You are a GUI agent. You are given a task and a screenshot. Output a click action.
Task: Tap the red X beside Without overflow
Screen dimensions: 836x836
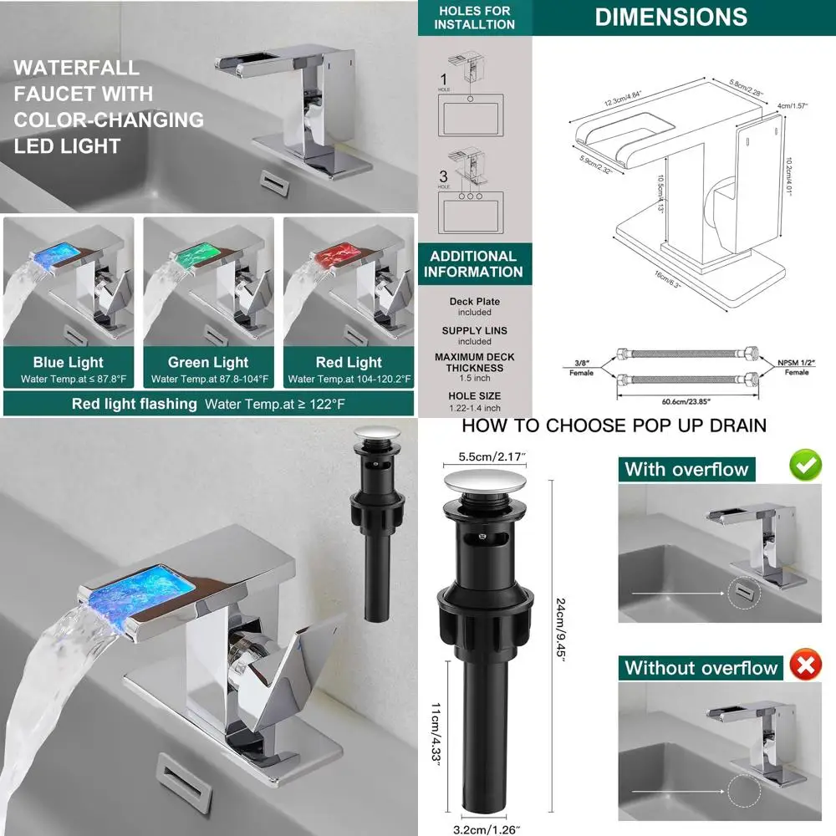806,666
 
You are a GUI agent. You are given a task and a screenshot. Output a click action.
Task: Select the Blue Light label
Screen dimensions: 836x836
69,362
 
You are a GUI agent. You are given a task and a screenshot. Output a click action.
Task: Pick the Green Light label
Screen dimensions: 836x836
208,362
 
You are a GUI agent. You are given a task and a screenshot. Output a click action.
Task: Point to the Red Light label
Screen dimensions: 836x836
348,362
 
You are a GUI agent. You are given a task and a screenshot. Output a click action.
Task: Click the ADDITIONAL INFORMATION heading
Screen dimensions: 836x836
474,263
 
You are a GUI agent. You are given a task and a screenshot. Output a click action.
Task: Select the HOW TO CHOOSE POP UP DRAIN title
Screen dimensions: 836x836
614,426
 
